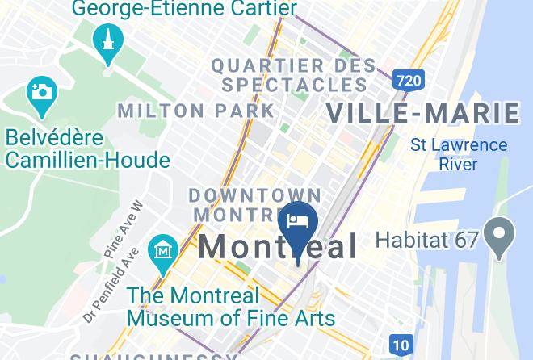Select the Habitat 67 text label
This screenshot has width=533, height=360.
[428, 239]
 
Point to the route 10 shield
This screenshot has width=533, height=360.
[400, 345]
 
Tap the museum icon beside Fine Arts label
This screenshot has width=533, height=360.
[164, 249]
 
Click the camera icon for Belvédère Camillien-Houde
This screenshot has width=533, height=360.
[40, 90]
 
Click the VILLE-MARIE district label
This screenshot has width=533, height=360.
[422, 113]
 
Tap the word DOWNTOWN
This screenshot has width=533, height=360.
[254, 195]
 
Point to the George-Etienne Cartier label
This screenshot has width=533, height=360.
[185, 9]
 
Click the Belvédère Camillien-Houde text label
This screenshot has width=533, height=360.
[87, 148]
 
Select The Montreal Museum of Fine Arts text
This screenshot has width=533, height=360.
[230, 307]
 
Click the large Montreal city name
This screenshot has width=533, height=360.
[278, 246]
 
